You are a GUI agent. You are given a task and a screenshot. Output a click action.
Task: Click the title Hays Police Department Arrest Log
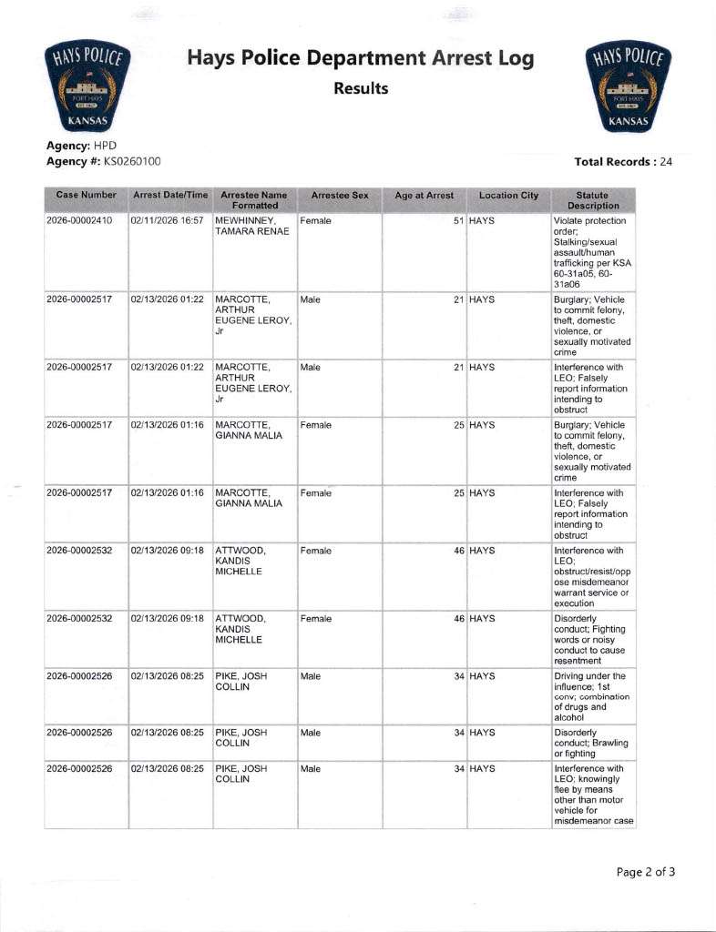point(361,59)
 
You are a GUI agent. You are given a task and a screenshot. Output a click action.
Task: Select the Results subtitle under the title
point(361,88)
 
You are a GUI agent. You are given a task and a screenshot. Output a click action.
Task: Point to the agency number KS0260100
point(127,161)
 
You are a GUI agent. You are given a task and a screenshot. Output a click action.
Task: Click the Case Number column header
point(86,196)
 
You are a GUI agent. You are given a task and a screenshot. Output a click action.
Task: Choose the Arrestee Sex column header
point(339,196)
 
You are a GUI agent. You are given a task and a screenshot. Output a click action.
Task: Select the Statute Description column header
point(593,200)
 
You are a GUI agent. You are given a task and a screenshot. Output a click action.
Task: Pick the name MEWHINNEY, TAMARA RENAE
point(251,227)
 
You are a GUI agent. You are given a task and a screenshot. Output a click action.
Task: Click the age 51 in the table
point(459,221)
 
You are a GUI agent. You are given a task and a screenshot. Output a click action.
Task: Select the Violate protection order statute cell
point(593,253)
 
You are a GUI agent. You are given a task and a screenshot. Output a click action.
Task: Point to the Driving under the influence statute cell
point(593,697)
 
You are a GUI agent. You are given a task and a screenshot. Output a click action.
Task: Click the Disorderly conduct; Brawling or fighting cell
point(593,743)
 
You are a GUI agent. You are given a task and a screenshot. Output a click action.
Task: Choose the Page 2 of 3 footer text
point(646,872)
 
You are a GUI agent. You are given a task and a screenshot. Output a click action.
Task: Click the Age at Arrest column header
point(424,196)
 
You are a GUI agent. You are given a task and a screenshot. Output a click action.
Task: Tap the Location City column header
point(508,196)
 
